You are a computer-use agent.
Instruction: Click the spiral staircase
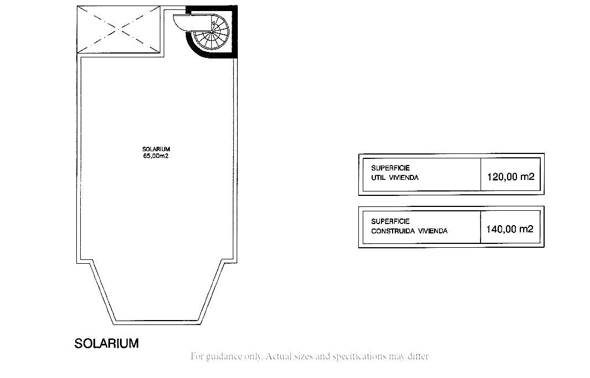pyautogui.click(x=211, y=33)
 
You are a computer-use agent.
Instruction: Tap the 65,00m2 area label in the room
pyautogui.click(x=156, y=156)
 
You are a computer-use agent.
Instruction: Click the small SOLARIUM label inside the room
pyautogui.click(x=156, y=149)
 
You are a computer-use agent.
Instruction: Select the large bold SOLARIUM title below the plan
pyautogui.click(x=107, y=343)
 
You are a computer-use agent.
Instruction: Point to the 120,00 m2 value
pyautogui.click(x=510, y=177)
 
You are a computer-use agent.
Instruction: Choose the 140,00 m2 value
pyautogui.click(x=510, y=229)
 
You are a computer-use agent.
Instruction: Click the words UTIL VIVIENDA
pyautogui.click(x=395, y=178)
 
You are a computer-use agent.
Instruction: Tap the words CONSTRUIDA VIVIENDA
pyautogui.click(x=409, y=231)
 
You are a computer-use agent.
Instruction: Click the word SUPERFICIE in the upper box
pyautogui.click(x=390, y=168)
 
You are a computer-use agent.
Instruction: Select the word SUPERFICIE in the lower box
pyautogui.click(x=390, y=221)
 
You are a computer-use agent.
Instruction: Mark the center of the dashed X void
pyautogui.click(x=118, y=29)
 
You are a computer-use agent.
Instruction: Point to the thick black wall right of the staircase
pyautogui.click(x=234, y=32)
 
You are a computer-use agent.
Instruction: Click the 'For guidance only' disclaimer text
pyautogui.click(x=309, y=356)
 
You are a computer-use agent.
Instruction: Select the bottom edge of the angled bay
pyautogui.click(x=157, y=322)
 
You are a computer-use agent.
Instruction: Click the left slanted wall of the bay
pyautogui.click(x=103, y=292)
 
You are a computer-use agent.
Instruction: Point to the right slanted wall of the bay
pyautogui.click(x=212, y=292)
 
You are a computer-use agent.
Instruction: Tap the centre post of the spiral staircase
pyautogui.click(x=211, y=33)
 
